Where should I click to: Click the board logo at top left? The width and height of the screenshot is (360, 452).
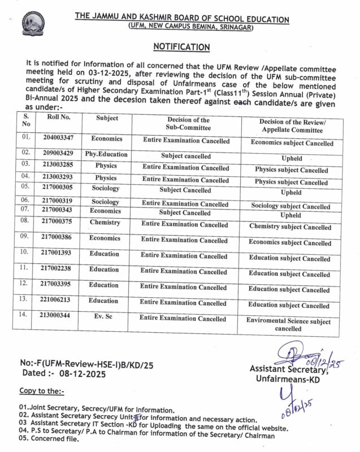[32, 24]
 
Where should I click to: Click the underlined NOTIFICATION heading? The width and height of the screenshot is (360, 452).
[183, 46]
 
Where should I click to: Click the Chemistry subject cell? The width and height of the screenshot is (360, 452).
[105, 223]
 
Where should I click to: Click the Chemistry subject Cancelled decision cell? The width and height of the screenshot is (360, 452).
[290, 227]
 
